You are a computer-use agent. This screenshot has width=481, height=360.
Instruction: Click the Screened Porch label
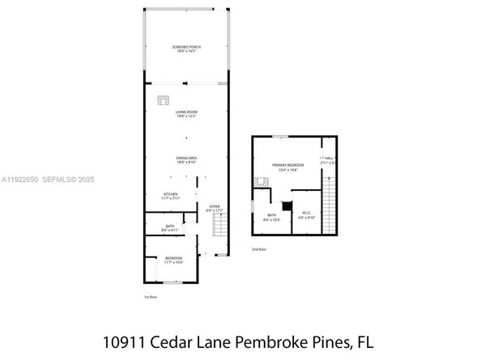click(x=186, y=48)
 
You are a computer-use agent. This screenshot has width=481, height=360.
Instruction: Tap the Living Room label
click(x=186, y=112)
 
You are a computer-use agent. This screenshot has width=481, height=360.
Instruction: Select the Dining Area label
click(x=187, y=159)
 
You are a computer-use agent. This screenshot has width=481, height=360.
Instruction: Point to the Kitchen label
click(x=169, y=195)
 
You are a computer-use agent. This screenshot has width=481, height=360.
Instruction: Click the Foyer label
click(x=215, y=208)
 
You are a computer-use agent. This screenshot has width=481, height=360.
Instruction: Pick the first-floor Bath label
click(x=169, y=227)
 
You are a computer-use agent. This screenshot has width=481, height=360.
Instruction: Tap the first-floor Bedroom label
click(x=173, y=259)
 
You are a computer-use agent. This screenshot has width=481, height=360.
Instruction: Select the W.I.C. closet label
click(x=306, y=214)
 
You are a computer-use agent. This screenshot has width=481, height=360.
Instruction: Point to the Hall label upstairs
click(x=329, y=159)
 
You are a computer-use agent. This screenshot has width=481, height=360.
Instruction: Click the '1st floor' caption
click(x=151, y=297)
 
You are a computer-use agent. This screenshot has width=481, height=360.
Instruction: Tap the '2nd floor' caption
click(x=258, y=249)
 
